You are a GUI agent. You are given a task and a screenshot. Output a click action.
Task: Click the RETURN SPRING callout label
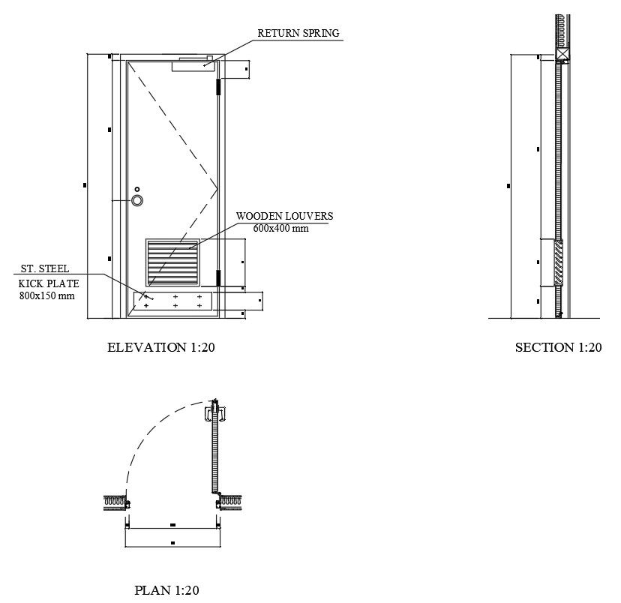point(298,33)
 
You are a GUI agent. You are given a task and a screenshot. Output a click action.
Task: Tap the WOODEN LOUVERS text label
point(284,216)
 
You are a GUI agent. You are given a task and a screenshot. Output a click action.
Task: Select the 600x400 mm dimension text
point(280,229)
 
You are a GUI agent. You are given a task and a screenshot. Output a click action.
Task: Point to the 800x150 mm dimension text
point(46,295)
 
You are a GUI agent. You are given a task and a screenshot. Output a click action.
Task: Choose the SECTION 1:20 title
point(558,347)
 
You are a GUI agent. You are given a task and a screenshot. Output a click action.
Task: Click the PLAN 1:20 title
point(166,590)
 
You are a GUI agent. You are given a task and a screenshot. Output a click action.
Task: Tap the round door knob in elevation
point(138,200)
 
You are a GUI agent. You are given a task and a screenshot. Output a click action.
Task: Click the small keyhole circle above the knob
point(137,189)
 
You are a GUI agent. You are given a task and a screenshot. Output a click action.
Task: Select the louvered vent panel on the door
point(173,262)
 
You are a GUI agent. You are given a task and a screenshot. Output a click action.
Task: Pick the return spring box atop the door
point(193,65)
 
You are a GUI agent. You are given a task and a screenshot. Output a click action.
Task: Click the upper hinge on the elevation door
point(218,87)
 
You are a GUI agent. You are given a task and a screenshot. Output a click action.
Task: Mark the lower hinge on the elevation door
point(218,278)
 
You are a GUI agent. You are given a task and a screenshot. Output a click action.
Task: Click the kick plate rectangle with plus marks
point(172,301)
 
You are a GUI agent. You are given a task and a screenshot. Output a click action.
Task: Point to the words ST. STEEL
point(44,268)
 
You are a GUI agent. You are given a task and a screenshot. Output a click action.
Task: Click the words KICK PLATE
point(49,283)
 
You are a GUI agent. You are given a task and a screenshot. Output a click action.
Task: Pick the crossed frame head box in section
point(562,55)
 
